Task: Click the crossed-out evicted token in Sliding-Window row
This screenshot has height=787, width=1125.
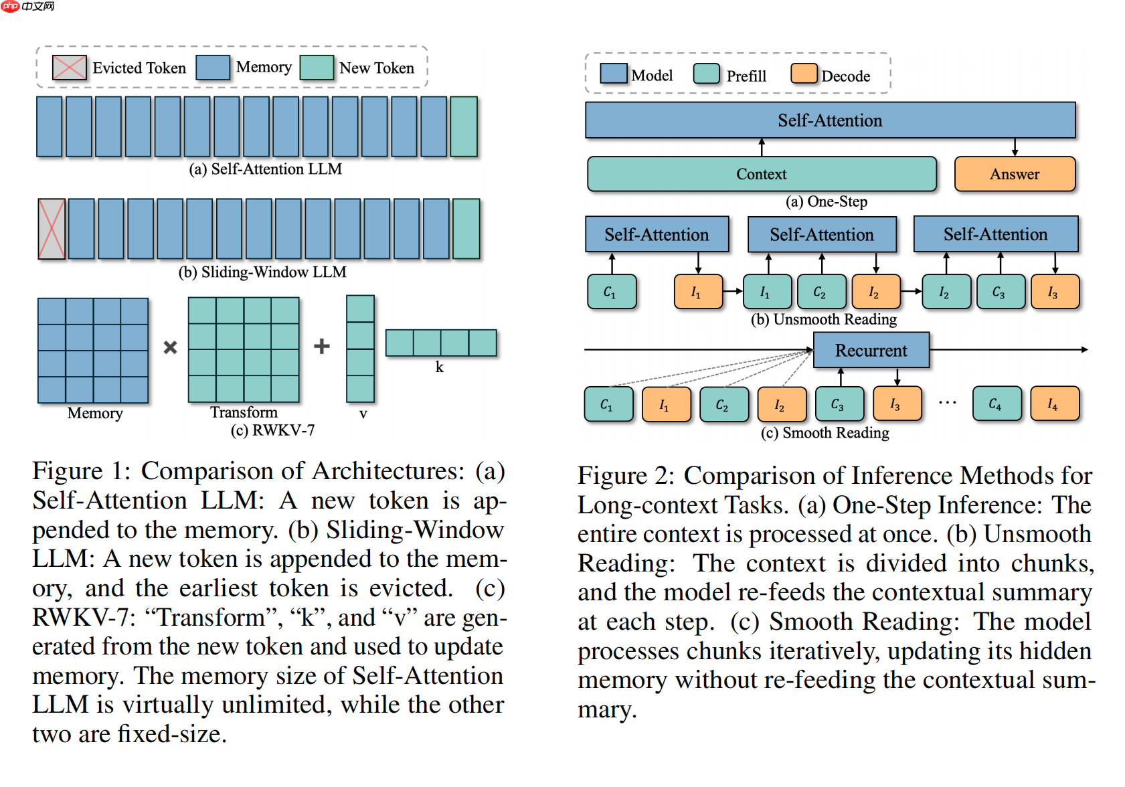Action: pyautogui.click(x=52, y=229)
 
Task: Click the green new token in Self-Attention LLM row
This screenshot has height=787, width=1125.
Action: pyautogui.click(x=464, y=126)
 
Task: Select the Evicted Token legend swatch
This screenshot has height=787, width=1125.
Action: pyautogui.click(x=69, y=68)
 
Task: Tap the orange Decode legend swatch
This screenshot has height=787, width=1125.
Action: pyautogui.click(x=803, y=74)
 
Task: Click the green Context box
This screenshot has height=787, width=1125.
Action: pyautogui.click(x=762, y=174)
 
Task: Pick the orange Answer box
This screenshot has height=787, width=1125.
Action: pyautogui.click(x=1015, y=174)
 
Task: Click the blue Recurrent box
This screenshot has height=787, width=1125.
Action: pyautogui.click(x=871, y=350)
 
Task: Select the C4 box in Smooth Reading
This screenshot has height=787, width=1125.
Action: pyautogui.click(x=997, y=404)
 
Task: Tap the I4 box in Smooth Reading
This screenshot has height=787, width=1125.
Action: pyautogui.click(x=1054, y=404)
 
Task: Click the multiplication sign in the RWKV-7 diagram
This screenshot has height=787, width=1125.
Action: pyautogui.click(x=171, y=347)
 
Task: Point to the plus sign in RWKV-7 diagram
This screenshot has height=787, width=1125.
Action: pyautogui.click(x=322, y=346)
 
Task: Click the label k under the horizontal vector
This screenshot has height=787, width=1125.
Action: pyautogui.click(x=440, y=367)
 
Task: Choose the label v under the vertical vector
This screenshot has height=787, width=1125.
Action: pyautogui.click(x=363, y=414)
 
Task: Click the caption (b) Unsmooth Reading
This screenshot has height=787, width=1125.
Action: pyautogui.click(x=824, y=319)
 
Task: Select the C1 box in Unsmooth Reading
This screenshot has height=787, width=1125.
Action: pyautogui.click(x=611, y=292)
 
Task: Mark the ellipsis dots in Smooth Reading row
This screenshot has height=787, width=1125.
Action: pyautogui.click(x=947, y=403)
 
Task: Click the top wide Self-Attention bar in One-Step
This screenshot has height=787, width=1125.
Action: pyautogui.click(x=830, y=120)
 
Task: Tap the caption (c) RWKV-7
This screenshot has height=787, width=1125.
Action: pyautogui.click(x=272, y=430)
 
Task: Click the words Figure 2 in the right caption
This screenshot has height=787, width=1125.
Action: pyautogui.click(x=625, y=476)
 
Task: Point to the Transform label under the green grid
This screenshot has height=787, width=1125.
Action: pyautogui.click(x=244, y=412)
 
